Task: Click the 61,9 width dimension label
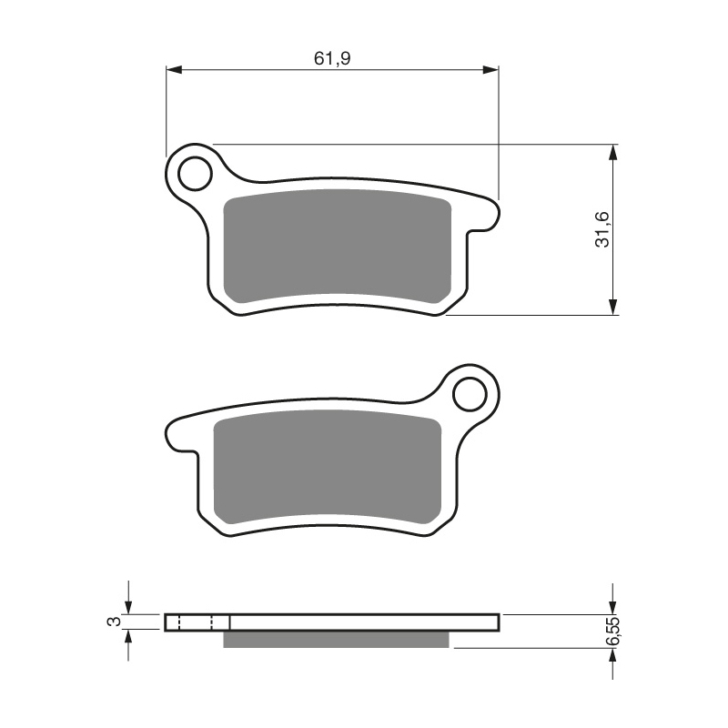pos(332,58)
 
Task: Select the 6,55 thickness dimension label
pos(615,631)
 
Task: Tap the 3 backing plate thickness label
pos(113,622)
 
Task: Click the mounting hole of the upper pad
pos(194,172)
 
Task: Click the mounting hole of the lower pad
pos(471,394)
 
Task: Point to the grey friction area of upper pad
pos(337,248)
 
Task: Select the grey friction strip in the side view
pos(337,640)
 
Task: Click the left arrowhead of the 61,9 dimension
pos(173,69)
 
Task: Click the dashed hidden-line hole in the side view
pos(196,622)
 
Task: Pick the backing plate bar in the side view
pos(364,622)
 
